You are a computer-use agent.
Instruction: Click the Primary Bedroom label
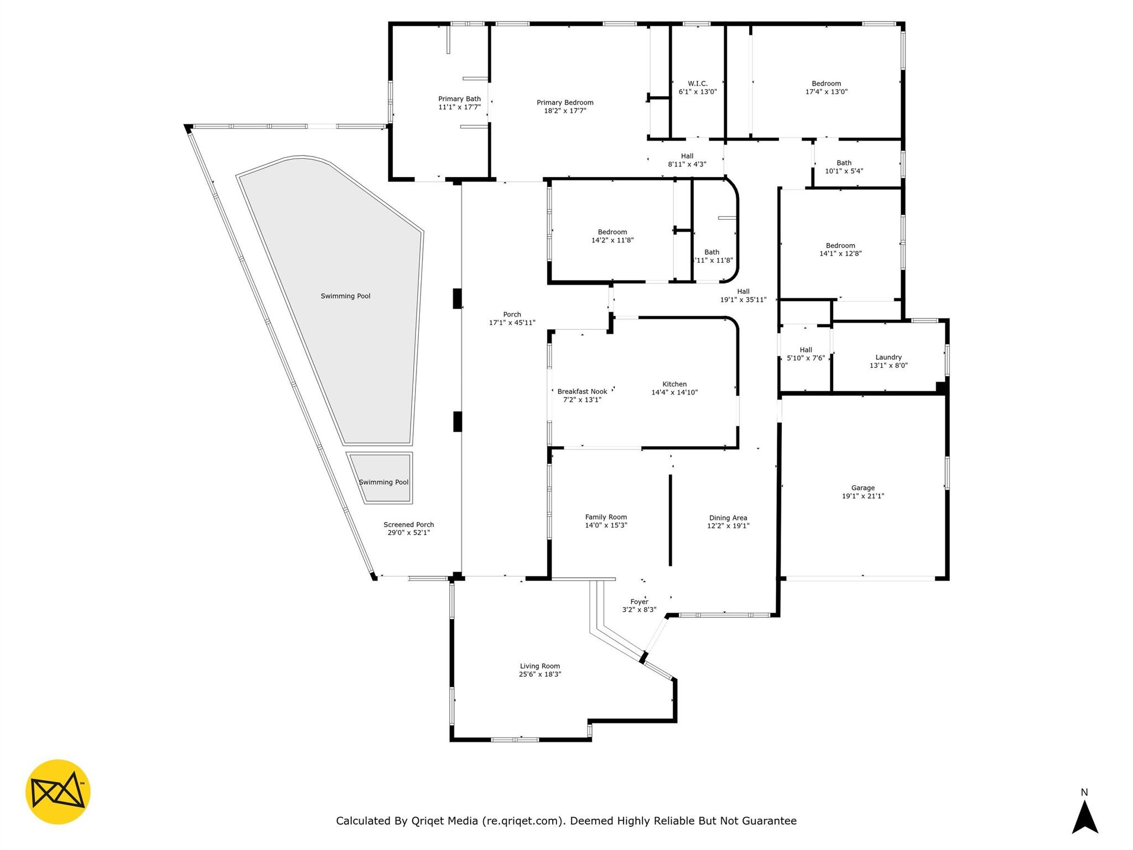(565, 102)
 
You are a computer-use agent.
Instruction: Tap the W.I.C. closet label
(698, 84)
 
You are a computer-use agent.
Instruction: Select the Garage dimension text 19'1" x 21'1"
(863, 496)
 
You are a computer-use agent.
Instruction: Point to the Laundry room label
(888, 357)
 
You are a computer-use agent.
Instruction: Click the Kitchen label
(674, 384)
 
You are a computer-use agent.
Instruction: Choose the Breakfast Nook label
(582, 391)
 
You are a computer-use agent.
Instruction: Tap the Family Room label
(606, 517)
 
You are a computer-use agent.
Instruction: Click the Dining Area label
(728, 518)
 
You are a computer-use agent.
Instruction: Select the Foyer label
(639, 602)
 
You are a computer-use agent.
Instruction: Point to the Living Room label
(539, 666)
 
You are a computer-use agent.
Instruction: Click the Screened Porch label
(409, 525)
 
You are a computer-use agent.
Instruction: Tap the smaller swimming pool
(380, 478)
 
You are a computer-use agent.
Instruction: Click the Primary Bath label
(459, 99)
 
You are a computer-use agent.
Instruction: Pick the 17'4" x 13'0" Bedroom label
(827, 87)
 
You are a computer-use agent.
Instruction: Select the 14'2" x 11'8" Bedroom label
(612, 236)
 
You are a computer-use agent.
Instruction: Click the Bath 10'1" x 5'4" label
(844, 167)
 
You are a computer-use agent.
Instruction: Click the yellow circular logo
(58, 791)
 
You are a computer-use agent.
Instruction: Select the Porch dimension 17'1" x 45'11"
(512, 323)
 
